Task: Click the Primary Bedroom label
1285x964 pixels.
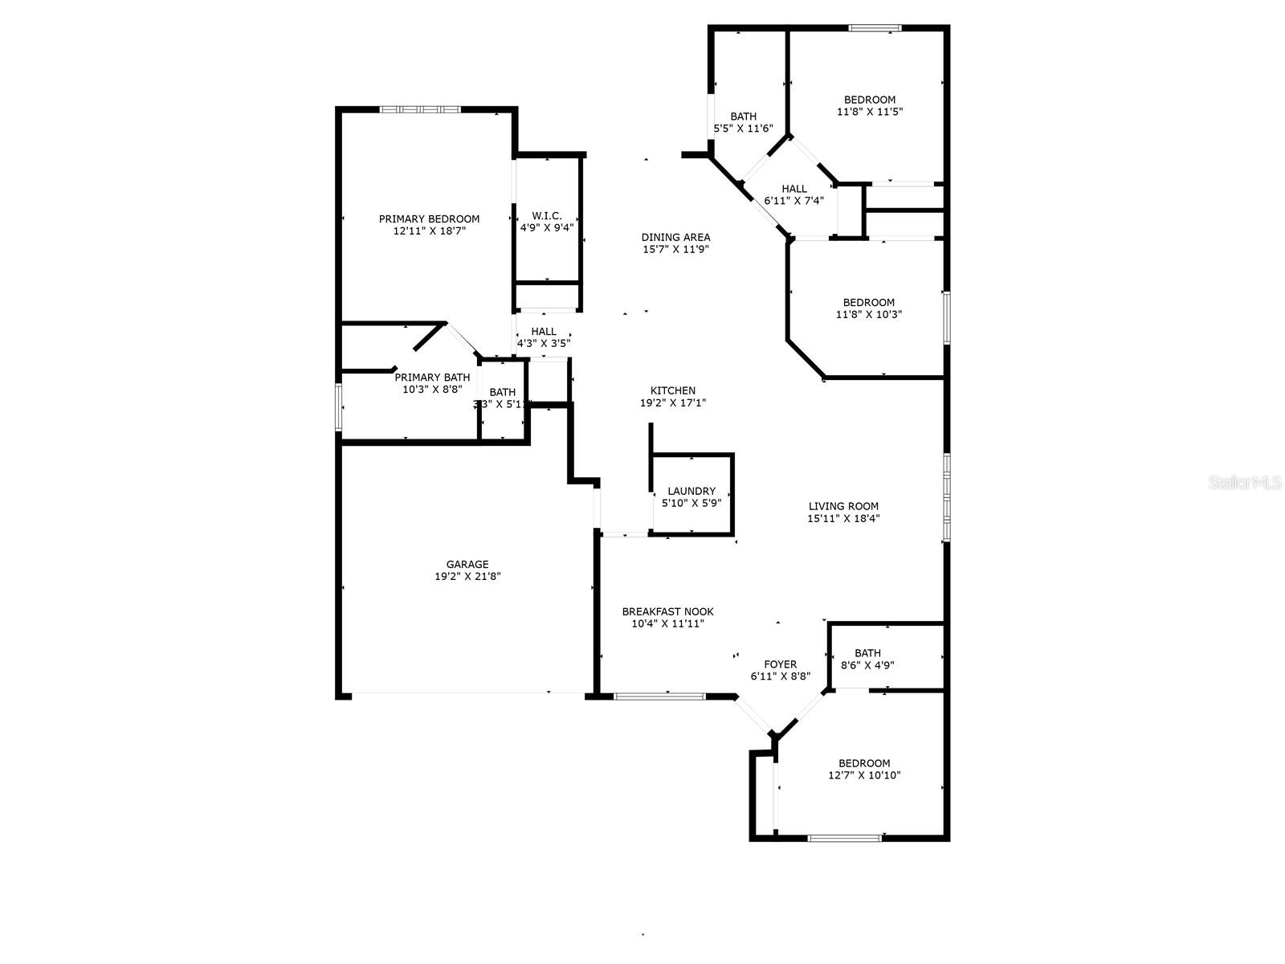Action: pos(429,219)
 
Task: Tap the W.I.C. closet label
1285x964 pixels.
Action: pos(546,216)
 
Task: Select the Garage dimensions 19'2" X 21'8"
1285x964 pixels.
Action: pos(467,576)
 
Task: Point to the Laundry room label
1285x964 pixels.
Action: pos(691,491)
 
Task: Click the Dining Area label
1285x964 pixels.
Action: pos(675,237)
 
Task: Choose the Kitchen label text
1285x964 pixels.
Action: pos(673,390)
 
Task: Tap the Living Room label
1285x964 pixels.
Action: pos(843,506)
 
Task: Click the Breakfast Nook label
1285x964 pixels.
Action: pos(667,611)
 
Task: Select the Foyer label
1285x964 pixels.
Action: pos(780,664)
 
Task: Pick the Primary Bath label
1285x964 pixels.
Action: pos(432,377)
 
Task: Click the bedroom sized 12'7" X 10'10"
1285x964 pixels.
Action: pos(864,770)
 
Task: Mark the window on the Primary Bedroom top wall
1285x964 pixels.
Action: pos(420,109)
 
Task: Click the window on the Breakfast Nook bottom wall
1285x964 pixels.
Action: pos(659,696)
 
